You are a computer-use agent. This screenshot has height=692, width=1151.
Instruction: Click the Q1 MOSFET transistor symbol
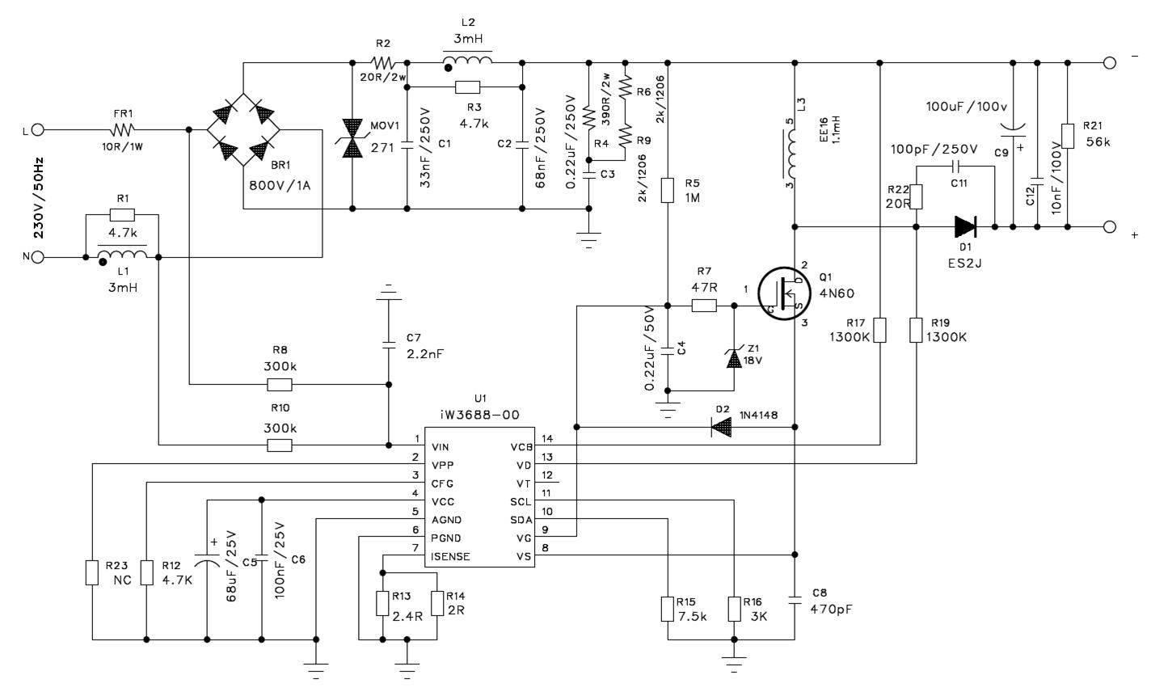784,293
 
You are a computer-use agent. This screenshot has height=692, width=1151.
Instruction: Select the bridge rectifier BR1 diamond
243,129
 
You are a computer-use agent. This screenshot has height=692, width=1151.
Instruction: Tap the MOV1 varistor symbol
352,137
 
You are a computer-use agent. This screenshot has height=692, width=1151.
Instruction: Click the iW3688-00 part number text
479,415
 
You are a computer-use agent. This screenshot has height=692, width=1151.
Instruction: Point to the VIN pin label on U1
441,448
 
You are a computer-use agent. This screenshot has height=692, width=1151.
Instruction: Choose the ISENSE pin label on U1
450,557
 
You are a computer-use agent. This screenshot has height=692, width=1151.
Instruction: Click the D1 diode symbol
966,226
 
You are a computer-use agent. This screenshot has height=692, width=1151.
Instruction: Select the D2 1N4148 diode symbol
722,427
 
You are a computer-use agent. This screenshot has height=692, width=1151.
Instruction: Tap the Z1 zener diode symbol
734,357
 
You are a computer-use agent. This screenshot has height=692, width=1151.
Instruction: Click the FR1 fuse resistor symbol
122,129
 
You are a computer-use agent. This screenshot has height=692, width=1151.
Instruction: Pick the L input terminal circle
38,130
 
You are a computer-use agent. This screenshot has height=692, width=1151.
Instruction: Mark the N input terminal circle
38,257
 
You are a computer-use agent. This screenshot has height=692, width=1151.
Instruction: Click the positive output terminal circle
1110,226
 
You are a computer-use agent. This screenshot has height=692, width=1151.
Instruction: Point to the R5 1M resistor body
668,190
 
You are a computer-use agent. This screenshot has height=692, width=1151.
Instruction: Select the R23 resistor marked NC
92,572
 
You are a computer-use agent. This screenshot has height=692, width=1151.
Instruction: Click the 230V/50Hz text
39,198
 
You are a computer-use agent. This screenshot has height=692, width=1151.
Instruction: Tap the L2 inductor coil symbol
467,60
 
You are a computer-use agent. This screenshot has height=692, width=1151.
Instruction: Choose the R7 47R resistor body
704,306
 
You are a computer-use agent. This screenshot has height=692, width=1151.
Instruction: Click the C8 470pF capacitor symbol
795,600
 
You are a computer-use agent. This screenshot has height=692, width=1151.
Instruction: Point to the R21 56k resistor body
1068,136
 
